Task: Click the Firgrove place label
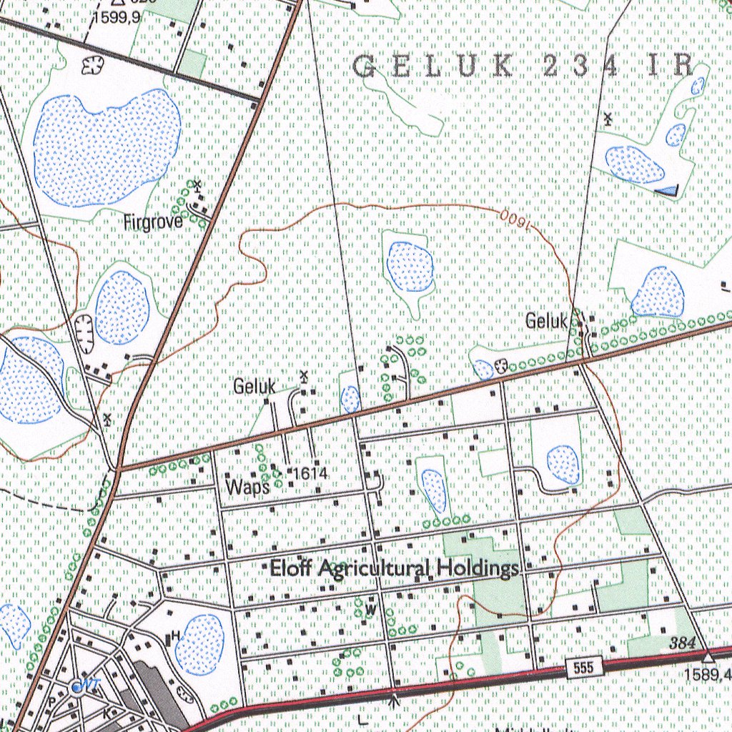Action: coord(153,222)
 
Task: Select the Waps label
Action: coord(247,488)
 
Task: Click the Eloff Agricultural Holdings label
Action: coord(394,569)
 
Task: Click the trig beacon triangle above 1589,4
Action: coord(708,656)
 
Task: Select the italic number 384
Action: coord(683,644)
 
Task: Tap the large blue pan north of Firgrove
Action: coord(107,148)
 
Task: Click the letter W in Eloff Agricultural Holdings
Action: coord(370,610)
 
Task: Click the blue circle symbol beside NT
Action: coord(76,688)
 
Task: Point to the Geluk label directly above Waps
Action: coord(254,387)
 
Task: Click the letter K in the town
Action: coord(106,713)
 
